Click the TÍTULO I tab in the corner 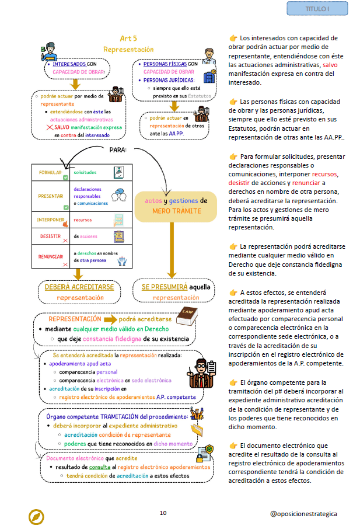317,9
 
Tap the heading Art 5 128,39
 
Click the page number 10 163,513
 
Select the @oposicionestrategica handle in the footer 303,513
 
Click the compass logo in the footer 36,517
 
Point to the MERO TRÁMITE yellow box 176,207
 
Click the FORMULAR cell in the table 51,172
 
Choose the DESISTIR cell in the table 51,236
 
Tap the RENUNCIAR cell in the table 51,256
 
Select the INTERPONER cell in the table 51,220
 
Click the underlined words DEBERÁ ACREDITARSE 79,287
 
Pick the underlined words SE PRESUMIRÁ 164,287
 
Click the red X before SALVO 50,127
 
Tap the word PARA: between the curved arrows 118,149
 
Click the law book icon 187,316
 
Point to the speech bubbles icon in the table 119,196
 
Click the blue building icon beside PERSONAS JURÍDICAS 209,76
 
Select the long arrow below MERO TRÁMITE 172,250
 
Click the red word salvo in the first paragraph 330,65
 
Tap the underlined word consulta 100,467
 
